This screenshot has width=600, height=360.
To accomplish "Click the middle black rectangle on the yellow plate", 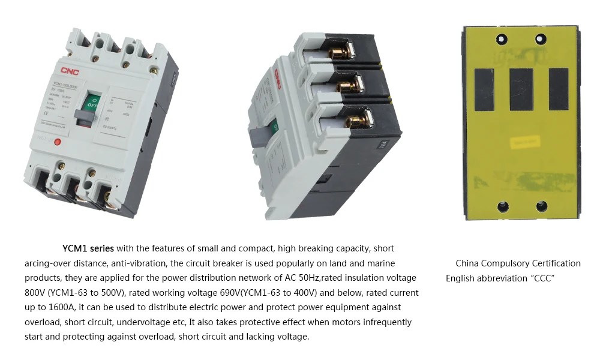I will tap(521, 89).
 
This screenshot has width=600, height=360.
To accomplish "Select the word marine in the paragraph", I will tap(381, 263).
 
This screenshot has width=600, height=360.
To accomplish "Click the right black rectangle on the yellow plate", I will tap(559, 89).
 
